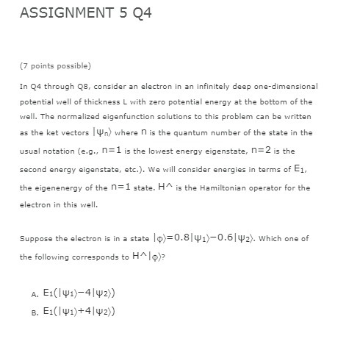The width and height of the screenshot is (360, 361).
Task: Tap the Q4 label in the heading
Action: pos(137,14)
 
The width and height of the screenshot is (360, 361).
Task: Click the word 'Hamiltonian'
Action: pos(226,187)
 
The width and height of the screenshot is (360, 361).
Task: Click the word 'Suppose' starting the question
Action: pos(36,239)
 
